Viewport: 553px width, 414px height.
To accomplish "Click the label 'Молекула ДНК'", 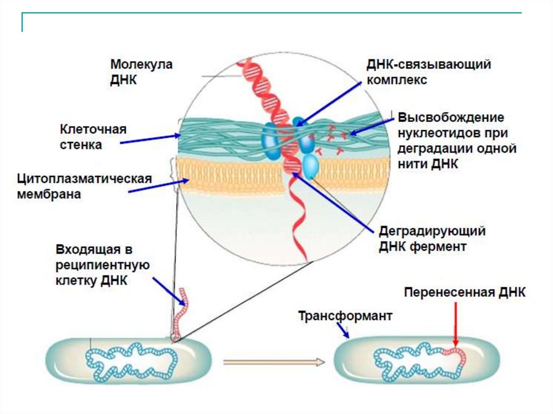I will coord(141,72).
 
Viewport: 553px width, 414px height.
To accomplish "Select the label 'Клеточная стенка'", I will coord(93,137).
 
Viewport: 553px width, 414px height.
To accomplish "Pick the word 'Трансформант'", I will coord(346,316).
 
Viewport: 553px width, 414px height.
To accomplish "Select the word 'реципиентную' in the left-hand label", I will coord(102,265).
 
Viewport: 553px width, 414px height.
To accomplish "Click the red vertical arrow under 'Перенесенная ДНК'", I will coord(455,324).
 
